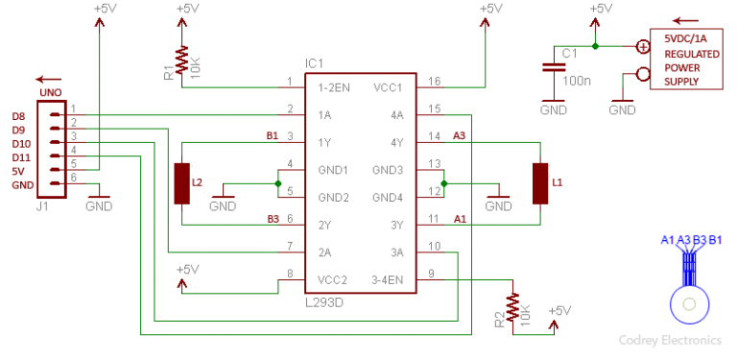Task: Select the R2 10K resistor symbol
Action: point(513,308)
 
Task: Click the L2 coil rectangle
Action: point(181,183)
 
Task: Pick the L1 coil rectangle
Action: point(541,183)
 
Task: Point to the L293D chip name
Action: point(328,301)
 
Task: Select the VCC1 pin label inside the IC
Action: point(389,87)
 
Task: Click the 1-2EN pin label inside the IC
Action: point(334,87)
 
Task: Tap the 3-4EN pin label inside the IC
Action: point(386,279)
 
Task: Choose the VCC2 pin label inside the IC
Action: point(332,279)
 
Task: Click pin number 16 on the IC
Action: point(434,82)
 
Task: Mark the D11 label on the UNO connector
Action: point(20,156)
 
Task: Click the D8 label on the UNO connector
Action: point(18,115)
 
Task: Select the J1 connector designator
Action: point(41,204)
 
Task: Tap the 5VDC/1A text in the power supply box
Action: point(686,38)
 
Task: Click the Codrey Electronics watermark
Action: point(670,340)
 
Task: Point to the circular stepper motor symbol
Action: point(688,303)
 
